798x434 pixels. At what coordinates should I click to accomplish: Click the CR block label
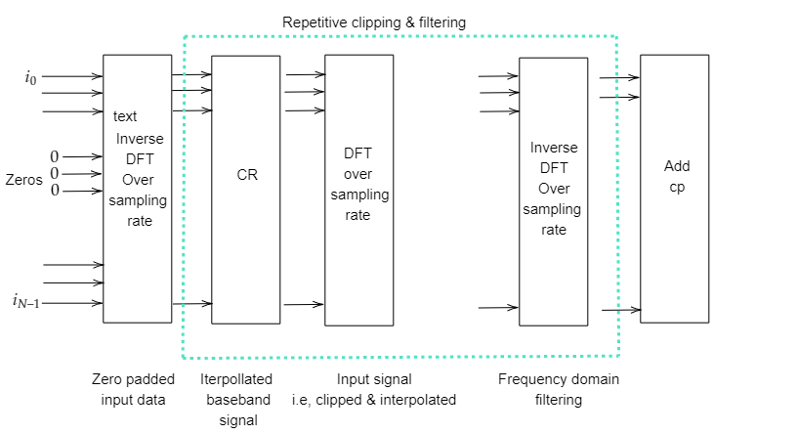[x=247, y=176]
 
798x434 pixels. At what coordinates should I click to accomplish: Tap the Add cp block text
[x=677, y=177]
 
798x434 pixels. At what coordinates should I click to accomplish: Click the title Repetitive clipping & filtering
[x=374, y=22]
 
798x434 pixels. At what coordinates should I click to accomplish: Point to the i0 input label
[x=31, y=76]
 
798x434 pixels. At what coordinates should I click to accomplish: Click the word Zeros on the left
[x=23, y=180]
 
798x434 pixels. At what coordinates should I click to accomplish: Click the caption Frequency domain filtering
[x=558, y=389]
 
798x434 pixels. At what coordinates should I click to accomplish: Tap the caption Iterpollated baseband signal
[x=235, y=399]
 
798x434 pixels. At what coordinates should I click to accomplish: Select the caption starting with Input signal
[x=374, y=389]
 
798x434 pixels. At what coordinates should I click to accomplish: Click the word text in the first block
[x=125, y=116]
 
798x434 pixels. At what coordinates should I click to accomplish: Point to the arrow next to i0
[x=73, y=76]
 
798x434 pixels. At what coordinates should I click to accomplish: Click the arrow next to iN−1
[x=73, y=303]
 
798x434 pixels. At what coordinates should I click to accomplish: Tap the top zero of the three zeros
[x=55, y=156]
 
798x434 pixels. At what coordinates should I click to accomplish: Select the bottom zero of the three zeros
[x=55, y=190]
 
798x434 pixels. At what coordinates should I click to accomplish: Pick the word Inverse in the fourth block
[x=554, y=148]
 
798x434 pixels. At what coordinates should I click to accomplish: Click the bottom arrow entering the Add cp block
[x=620, y=310]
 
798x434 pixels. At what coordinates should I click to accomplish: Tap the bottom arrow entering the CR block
[x=192, y=304]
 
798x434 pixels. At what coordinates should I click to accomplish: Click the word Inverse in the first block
[x=140, y=138]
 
